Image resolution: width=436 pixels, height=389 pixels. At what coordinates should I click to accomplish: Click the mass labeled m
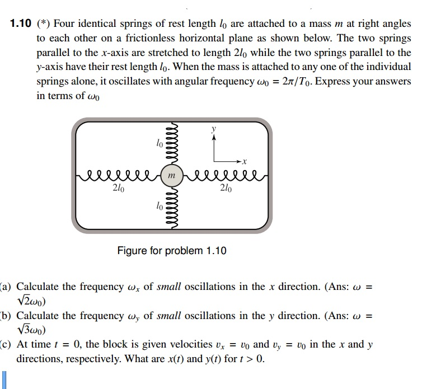(172, 175)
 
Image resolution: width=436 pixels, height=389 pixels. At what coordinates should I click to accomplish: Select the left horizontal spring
(118, 175)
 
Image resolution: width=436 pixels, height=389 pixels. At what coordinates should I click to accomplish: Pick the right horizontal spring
(224, 175)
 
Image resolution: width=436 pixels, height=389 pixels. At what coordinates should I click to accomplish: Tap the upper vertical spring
(172, 144)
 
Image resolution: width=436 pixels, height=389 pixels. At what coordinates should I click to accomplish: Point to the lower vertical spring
(172, 207)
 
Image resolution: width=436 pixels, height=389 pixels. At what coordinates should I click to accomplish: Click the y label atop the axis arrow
(213, 128)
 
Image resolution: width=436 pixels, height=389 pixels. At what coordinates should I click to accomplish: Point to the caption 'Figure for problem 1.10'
(172, 251)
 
